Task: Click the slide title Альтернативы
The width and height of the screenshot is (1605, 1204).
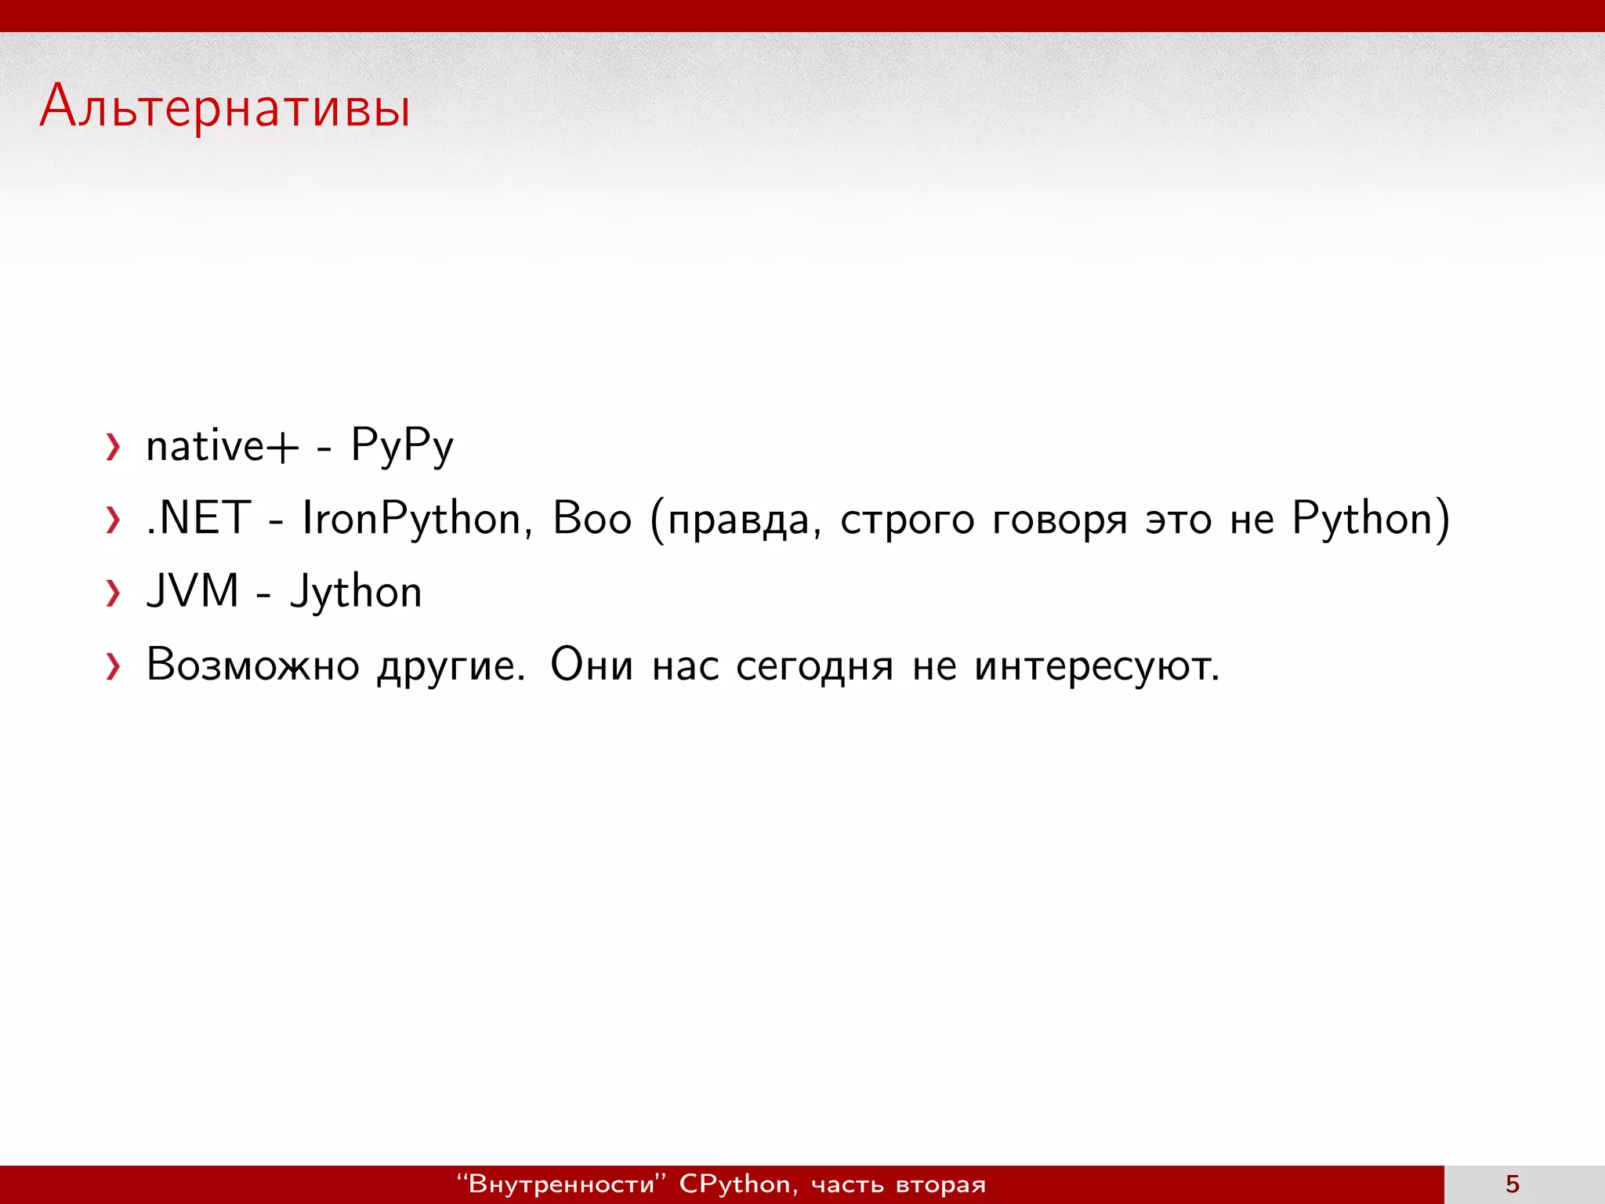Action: (225, 107)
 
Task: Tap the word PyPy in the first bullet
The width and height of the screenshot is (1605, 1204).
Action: (402, 447)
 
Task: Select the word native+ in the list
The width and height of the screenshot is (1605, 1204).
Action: (223, 447)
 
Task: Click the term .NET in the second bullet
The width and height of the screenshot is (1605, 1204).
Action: (199, 519)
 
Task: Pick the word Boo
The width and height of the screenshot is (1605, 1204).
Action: (592, 519)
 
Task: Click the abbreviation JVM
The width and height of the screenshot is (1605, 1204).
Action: (193, 592)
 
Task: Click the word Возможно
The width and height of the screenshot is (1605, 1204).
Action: (253, 665)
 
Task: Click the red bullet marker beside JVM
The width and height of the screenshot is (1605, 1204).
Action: (114, 593)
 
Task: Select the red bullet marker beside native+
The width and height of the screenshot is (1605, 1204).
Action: (114, 448)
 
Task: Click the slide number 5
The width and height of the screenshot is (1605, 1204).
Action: (1513, 1184)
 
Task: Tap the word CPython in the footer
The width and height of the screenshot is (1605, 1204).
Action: (734, 1184)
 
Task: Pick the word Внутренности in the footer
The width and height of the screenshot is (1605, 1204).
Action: (561, 1184)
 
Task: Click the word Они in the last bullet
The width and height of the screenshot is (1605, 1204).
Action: (592, 665)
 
